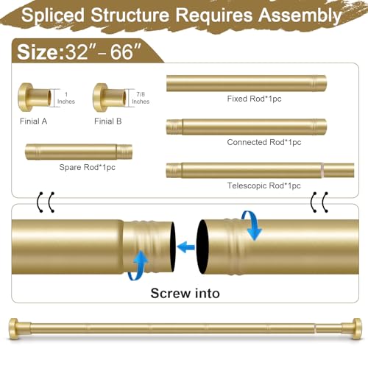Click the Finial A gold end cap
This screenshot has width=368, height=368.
(x=35, y=98)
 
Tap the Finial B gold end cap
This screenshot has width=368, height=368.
(x=109, y=98)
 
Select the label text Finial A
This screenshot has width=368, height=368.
(x=33, y=121)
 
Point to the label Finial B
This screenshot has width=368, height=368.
(x=108, y=121)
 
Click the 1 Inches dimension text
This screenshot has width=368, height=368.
(x=66, y=98)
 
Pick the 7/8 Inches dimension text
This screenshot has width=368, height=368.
(x=141, y=98)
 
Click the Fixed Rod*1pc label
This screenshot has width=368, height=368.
(x=254, y=99)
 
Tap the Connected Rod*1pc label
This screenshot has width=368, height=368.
(x=264, y=142)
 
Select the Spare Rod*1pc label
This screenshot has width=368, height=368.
(x=87, y=167)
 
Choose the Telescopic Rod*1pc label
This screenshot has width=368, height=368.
(x=263, y=185)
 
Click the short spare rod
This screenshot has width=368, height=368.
(x=79, y=152)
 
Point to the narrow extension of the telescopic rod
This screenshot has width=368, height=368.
(x=339, y=170)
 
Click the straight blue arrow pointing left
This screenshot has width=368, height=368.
(x=185, y=247)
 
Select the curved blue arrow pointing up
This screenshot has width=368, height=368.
(x=138, y=266)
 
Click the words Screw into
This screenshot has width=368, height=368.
(x=185, y=293)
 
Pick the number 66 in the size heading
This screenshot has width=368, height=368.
(x=121, y=52)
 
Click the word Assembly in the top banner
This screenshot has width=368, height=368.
(x=300, y=15)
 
